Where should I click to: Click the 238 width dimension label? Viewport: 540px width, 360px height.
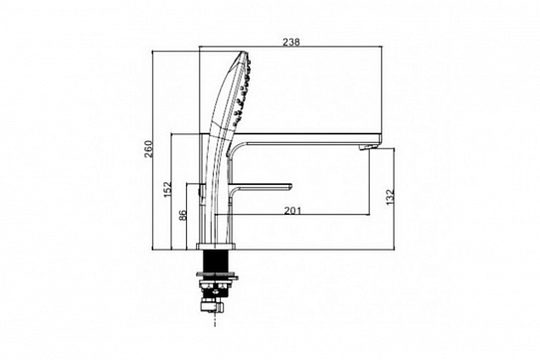[291, 42]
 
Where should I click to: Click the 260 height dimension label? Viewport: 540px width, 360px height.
[148, 149]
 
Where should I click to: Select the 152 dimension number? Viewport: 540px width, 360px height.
[167, 190]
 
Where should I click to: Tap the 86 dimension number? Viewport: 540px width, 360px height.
[183, 215]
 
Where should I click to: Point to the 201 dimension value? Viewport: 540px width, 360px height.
[292, 210]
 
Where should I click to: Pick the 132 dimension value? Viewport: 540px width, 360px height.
[390, 197]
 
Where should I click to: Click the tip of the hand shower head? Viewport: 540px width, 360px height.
[245, 53]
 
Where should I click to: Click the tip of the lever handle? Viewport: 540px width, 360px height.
[290, 187]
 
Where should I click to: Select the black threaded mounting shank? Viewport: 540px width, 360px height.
[215, 261]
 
